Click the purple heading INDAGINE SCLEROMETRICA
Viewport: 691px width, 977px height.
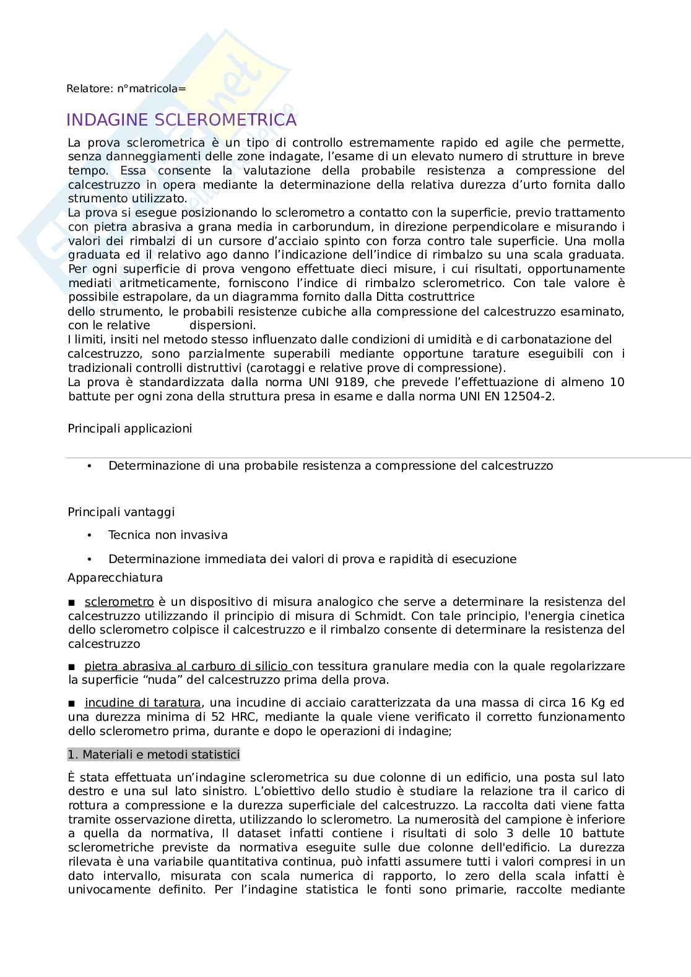point(181,119)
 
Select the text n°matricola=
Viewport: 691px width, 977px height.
point(152,88)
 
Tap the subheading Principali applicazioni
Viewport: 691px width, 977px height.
point(129,428)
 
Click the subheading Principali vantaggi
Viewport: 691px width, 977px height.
point(121,512)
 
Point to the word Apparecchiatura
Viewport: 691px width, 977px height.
point(115,577)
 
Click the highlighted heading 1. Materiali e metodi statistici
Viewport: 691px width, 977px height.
point(153,754)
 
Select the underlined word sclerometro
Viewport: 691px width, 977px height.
point(119,601)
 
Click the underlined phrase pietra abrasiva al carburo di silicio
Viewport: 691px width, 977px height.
point(187,666)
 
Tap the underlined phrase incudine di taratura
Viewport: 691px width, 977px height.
point(142,702)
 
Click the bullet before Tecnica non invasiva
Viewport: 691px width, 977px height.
point(90,535)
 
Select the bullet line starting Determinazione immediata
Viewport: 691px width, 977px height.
point(312,559)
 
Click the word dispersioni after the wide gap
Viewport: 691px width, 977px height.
point(222,325)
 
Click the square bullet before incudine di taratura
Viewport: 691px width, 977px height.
point(72,703)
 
